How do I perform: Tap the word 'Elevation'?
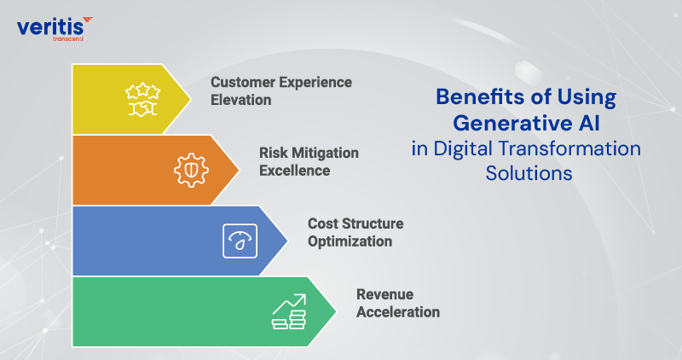241,100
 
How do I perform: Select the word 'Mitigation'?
323,153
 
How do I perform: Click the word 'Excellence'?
294,170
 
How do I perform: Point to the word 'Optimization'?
350,241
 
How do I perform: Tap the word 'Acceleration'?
397,311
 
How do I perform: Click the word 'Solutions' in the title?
525,171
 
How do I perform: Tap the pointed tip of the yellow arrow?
191,99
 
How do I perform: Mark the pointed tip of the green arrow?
337,311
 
